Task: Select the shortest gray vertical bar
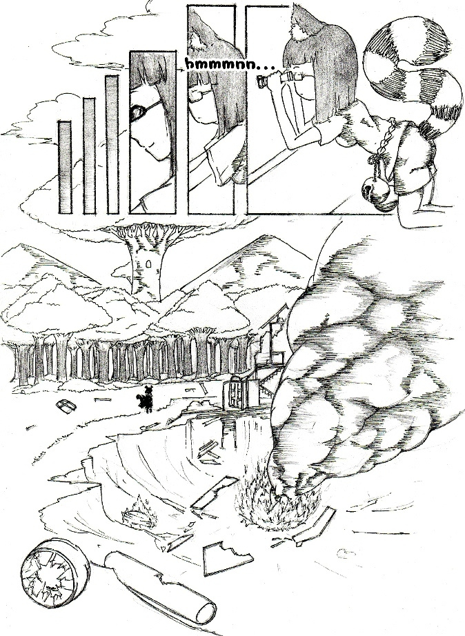point(65,167)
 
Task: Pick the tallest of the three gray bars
point(112,144)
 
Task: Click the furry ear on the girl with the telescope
point(304,24)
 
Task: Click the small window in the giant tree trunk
point(148,264)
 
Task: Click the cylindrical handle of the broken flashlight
point(159,585)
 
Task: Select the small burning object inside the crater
point(139,515)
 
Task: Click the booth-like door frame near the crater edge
point(241,391)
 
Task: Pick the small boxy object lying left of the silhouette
point(66,406)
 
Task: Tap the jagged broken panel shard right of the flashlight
point(227,559)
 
